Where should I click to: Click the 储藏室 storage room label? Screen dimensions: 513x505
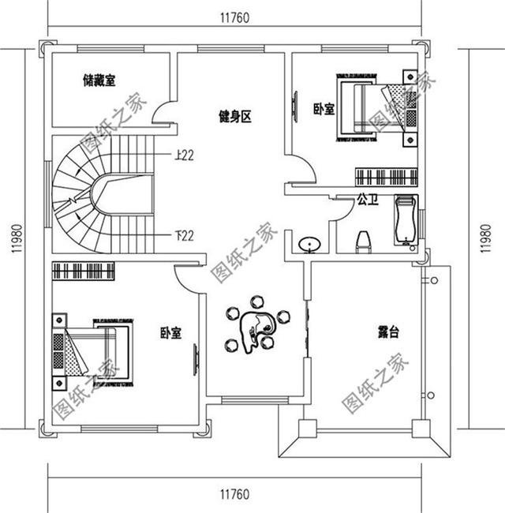point(99,80)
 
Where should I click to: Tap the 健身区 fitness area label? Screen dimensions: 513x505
point(234,118)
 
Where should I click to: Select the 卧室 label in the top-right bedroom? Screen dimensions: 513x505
point(324,110)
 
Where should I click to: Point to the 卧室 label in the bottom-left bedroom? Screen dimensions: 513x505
point(171,334)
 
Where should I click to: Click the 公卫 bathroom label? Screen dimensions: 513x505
point(368,200)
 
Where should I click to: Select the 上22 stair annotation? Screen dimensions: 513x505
point(183,155)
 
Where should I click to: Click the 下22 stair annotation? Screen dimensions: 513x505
point(183,234)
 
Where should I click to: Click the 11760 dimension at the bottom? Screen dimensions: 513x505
point(236,495)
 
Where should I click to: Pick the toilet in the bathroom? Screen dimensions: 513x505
point(364,240)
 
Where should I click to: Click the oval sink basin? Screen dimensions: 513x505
point(310,242)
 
